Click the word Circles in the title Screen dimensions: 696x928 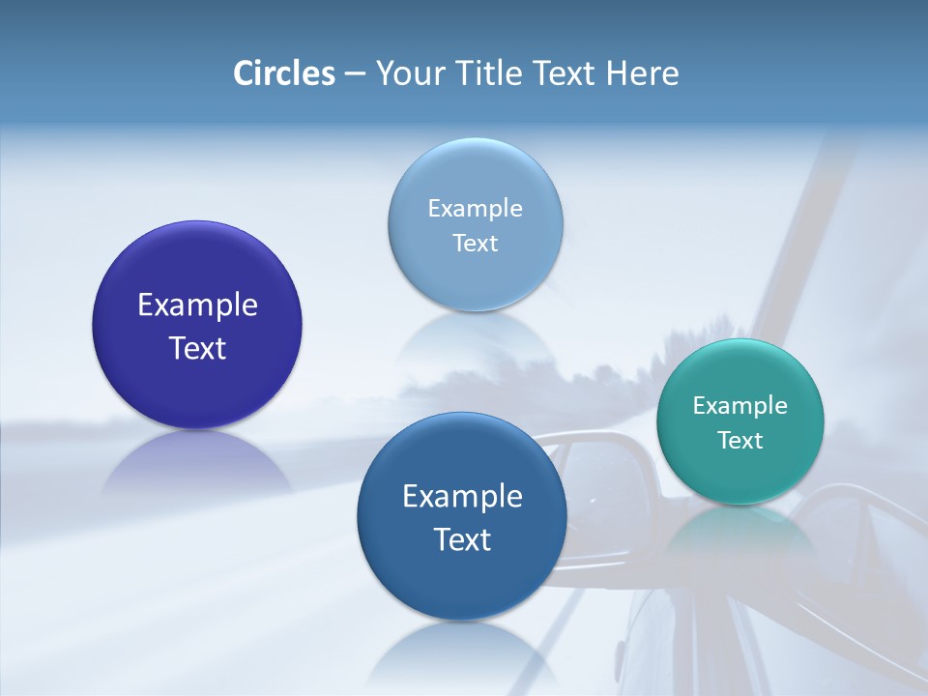(x=283, y=73)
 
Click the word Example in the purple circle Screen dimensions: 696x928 (x=197, y=305)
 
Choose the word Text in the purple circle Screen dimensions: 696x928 (x=197, y=348)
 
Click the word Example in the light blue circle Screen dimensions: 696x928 (x=475, y=208)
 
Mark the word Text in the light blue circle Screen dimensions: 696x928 (x=475, y=243)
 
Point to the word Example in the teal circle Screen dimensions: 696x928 (x=739, y=405)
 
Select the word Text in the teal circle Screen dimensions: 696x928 (x=739, y=440)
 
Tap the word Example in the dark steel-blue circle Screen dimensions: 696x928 (x=462, y=496)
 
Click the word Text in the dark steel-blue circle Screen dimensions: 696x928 (x=462, y=538)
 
